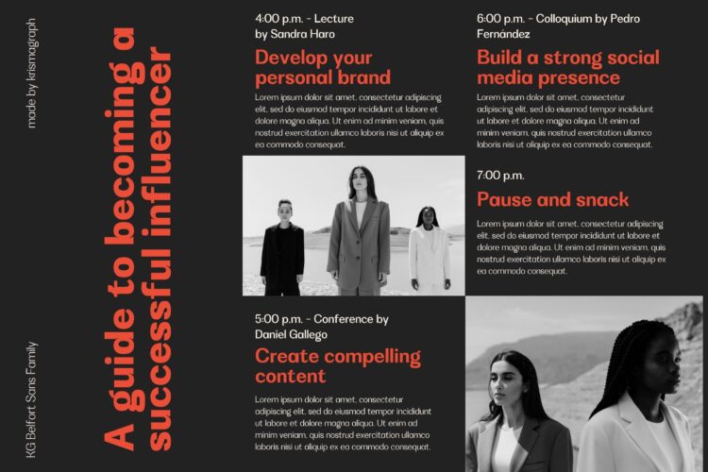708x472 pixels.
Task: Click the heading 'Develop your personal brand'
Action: coord(323,68)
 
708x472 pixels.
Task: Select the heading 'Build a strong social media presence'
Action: coord(568,68)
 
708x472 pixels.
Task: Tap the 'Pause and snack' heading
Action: coord(552,199)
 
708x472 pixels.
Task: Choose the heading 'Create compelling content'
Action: coord(338,366)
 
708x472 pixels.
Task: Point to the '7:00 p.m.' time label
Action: coord(500,176)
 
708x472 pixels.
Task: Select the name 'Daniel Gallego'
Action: coord(291,335)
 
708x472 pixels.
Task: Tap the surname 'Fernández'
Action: coord(503,34)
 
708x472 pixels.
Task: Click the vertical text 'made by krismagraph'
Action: coord(31,74)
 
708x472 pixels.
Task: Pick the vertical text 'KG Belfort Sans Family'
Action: coord(31,399)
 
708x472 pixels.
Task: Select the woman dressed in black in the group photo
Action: coord(282,247)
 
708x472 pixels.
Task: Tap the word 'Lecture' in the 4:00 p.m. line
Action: coord(333,19)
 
